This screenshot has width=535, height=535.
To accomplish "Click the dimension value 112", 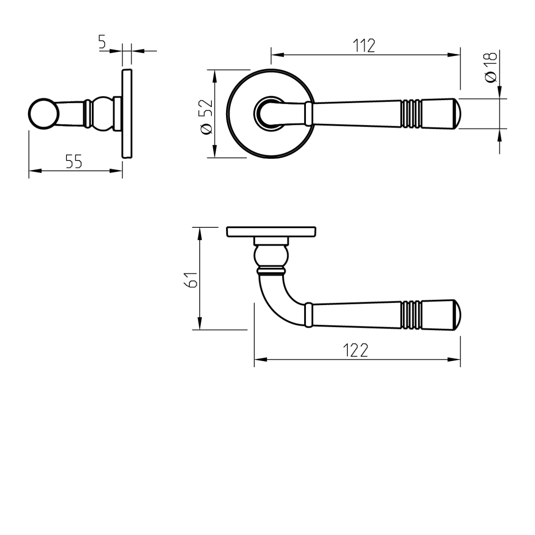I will (x=364, y=45).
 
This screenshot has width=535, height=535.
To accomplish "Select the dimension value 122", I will (x=357, y=351).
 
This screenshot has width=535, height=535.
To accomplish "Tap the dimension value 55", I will (x=74, y=161).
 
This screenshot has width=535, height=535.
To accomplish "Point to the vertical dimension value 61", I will (x=192, y=279).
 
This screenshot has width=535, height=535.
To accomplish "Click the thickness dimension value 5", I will (x=102, y=42).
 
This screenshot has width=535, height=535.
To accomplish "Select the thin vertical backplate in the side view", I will (x=127, y=113).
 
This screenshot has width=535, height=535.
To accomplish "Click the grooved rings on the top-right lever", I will (x=411, y=113).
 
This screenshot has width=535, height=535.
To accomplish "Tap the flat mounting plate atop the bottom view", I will (x=272, y=232).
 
